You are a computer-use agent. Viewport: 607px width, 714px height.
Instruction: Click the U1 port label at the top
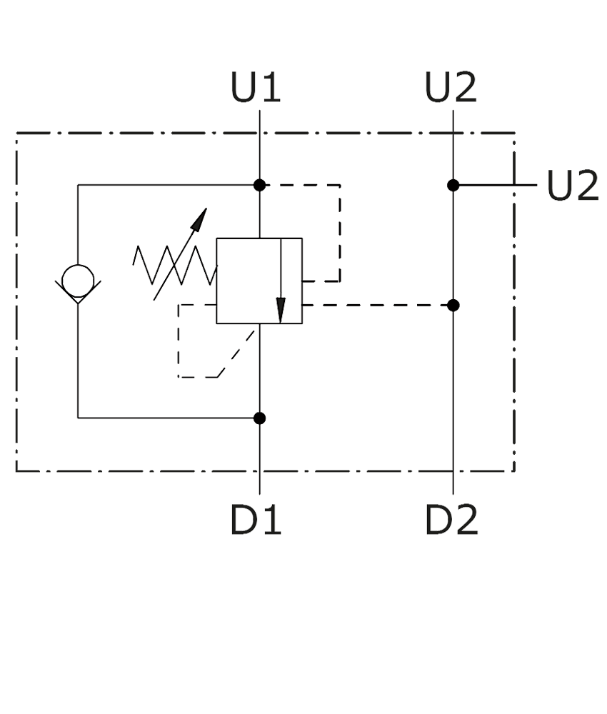coord(256,87)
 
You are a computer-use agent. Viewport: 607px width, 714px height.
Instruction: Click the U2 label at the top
coord(451,87)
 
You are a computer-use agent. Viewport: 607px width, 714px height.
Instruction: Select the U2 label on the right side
coord(573,185)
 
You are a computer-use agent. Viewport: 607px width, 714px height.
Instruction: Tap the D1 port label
coord(256,520)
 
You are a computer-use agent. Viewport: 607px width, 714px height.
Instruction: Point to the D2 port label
coord(451,520)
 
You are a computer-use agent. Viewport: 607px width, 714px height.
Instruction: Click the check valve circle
coord(78,281)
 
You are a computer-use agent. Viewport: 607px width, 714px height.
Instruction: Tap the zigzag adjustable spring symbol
coord(174,265)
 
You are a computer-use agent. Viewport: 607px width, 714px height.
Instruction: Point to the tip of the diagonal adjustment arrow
coord(206,208)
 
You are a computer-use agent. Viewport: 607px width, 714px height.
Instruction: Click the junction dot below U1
coord(259,185)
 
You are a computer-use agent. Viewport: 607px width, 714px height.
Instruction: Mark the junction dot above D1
coord(259,418)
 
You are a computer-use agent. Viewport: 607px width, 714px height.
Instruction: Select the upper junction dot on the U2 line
coord(453,185)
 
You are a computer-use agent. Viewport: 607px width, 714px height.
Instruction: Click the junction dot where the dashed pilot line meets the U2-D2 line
coord(453,305)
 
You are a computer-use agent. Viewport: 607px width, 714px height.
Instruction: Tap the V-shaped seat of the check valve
coord(78,292)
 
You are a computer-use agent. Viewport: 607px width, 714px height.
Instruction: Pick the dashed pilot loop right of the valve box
coord(340,232)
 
